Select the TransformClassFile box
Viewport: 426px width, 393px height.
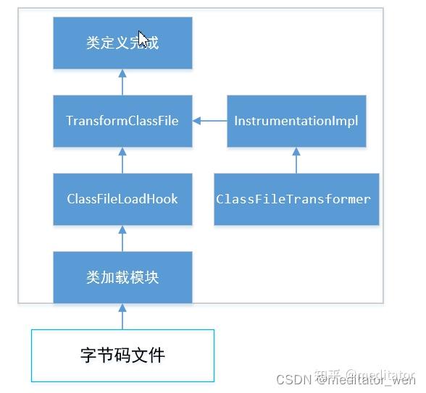click(x=122, y=121)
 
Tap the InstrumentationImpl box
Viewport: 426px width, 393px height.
click(x=296, y=121)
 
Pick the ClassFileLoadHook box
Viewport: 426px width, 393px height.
click(x=122, y=199)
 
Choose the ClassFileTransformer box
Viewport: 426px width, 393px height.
click(x=296, y=199)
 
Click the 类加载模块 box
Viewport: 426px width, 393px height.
click(x=122, y=277)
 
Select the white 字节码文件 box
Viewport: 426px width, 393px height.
click(x=122, y=355)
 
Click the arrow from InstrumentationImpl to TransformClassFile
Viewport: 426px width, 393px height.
click(x=209, y=121)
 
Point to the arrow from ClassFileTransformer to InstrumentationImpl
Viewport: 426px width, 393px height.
click(x=296, y=160)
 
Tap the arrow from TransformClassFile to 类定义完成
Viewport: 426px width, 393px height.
click(x=122, y=82)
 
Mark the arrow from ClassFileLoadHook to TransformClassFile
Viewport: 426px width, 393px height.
click(x=122, y=160)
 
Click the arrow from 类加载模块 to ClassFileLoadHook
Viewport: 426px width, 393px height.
click(x=122, y=238)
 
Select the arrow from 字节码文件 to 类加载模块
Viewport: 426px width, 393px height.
click(x=122, y=316)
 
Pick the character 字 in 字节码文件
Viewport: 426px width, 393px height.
click(x=88, y=355)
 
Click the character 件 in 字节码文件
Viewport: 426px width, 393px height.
click(x=156, y=355)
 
